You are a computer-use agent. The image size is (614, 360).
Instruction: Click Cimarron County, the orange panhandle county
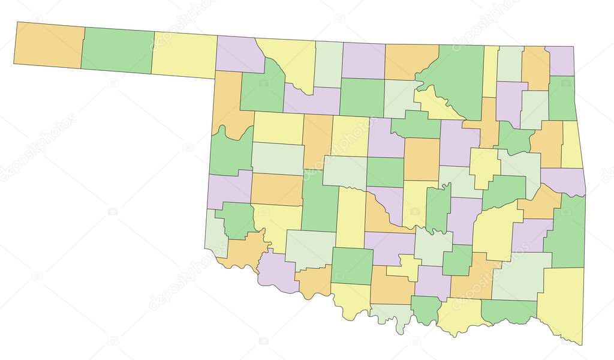coord(48,46)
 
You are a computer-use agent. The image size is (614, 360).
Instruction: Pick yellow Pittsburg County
coord(495,231)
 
